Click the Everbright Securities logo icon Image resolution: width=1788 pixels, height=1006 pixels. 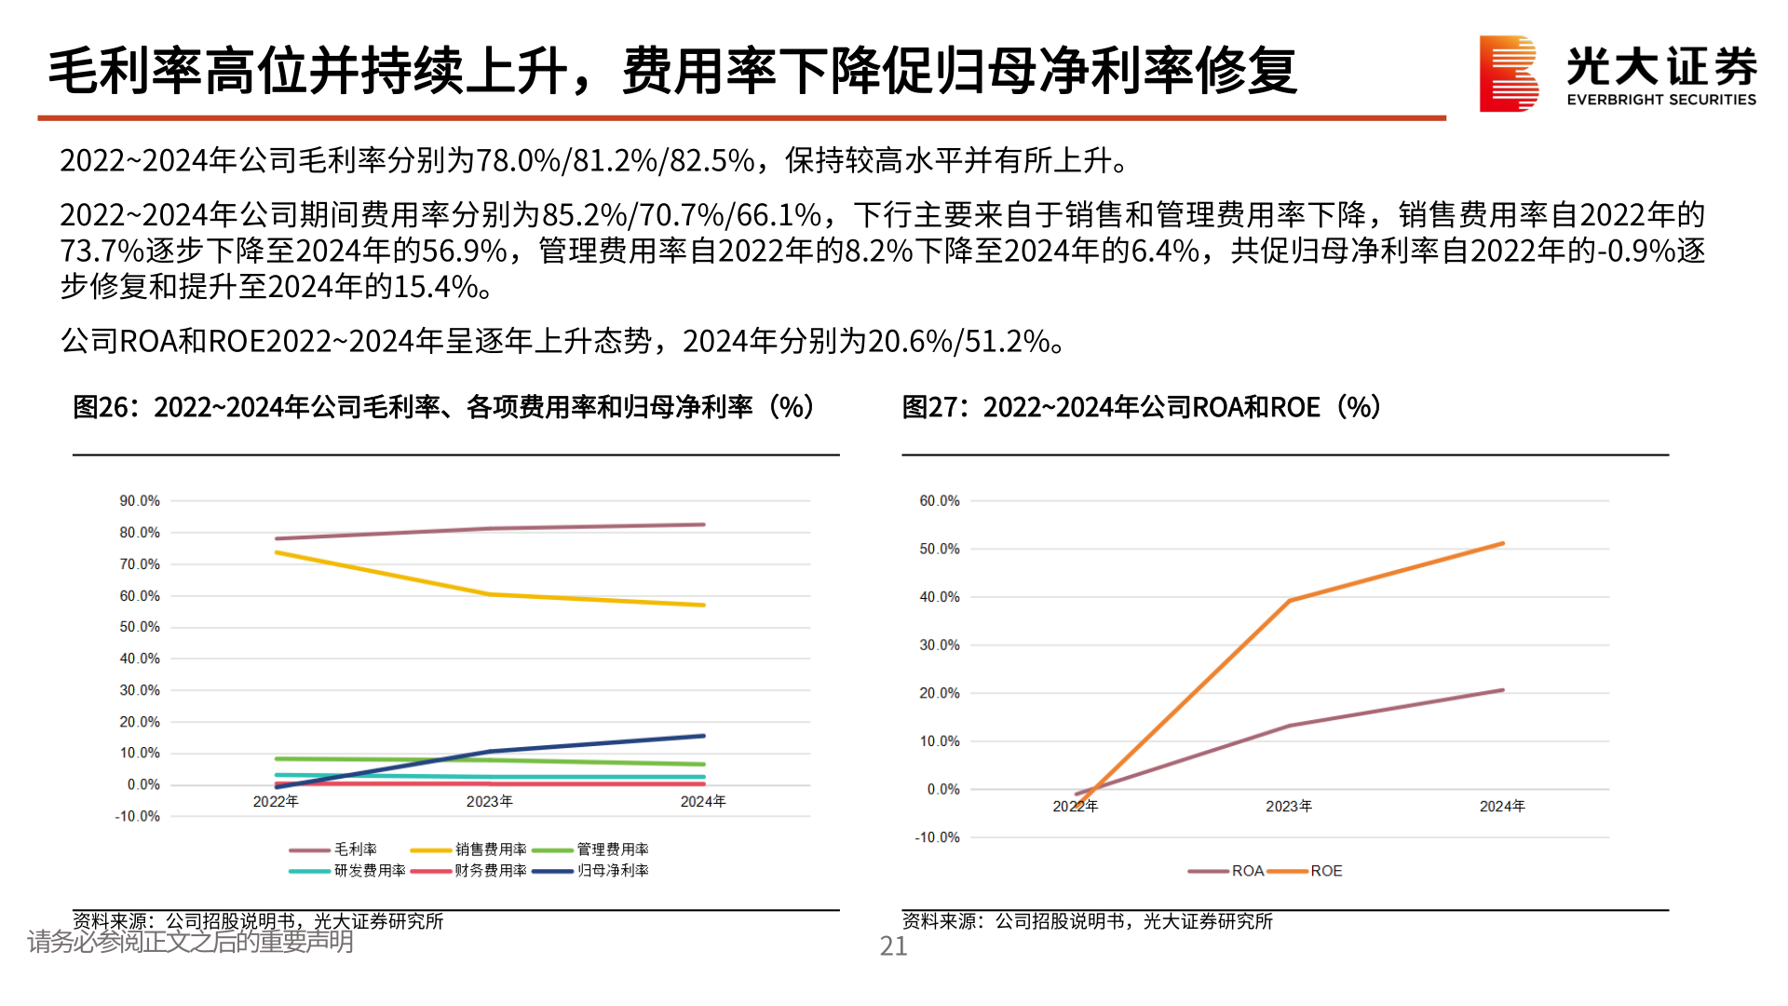[x=1508, y=74]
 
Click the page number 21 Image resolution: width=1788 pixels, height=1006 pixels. [x=893, y=946]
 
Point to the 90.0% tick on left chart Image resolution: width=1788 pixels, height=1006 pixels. [x=140, y=501]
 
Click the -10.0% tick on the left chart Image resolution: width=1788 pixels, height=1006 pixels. [x=138, y=817]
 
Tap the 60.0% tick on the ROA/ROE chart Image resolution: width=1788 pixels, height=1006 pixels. [x=939, y=501]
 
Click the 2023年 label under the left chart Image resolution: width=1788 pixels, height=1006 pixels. [x=490, y=802]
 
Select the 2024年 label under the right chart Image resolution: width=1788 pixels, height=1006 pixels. [x=1501, y=807]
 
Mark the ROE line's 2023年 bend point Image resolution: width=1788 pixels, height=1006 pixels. [x=1290, y=601]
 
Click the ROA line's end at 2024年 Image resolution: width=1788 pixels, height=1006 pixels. [x=1502, y=690]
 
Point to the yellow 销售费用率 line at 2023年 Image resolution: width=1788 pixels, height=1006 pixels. [x=491, y=594]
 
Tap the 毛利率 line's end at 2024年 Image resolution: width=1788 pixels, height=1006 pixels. [x=703, y=524]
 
